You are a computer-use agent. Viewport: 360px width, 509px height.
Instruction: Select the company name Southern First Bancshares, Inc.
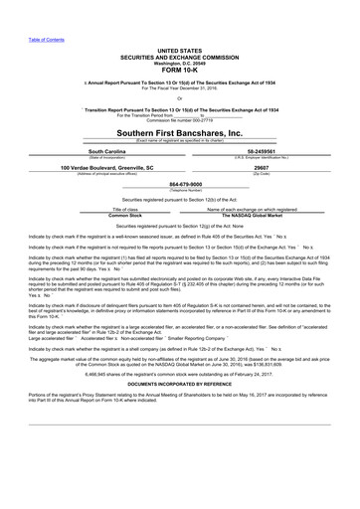[x=180, y=131]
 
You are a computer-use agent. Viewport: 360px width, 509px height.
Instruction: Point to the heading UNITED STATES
[x=180, y=49]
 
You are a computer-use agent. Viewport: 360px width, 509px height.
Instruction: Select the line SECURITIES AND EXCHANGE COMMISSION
[x=180, y=56]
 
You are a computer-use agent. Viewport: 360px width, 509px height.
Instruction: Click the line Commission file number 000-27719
[x=180, y=119]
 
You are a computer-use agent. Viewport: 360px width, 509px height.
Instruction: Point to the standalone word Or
[x=180, y=97]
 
